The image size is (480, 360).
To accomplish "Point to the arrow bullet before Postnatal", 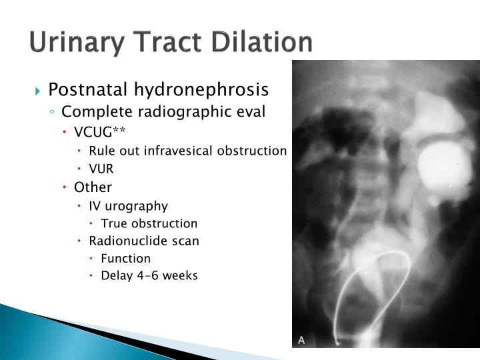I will coord(39,89).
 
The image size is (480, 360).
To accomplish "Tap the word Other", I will coord(93,187).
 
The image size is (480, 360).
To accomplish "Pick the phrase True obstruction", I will coord(149,223).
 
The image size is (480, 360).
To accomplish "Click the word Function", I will coord(126,258).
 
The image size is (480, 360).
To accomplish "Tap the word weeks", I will coord(182,275).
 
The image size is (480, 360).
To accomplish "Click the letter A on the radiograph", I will coord(301,340).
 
